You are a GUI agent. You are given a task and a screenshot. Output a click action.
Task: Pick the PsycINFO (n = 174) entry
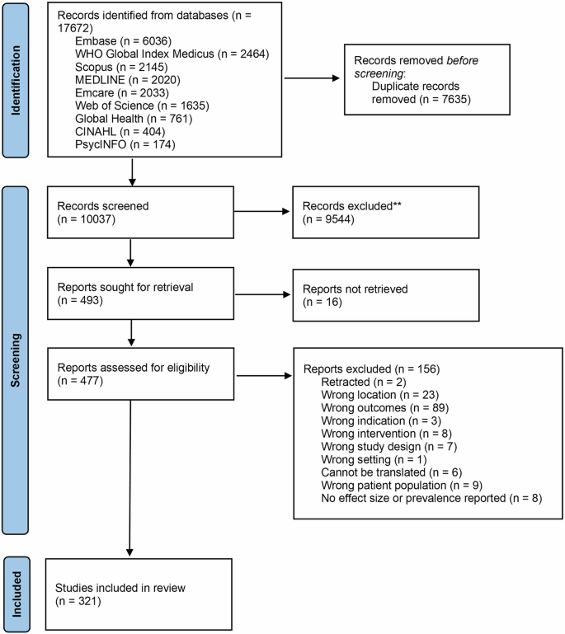[x=115, y=144]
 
